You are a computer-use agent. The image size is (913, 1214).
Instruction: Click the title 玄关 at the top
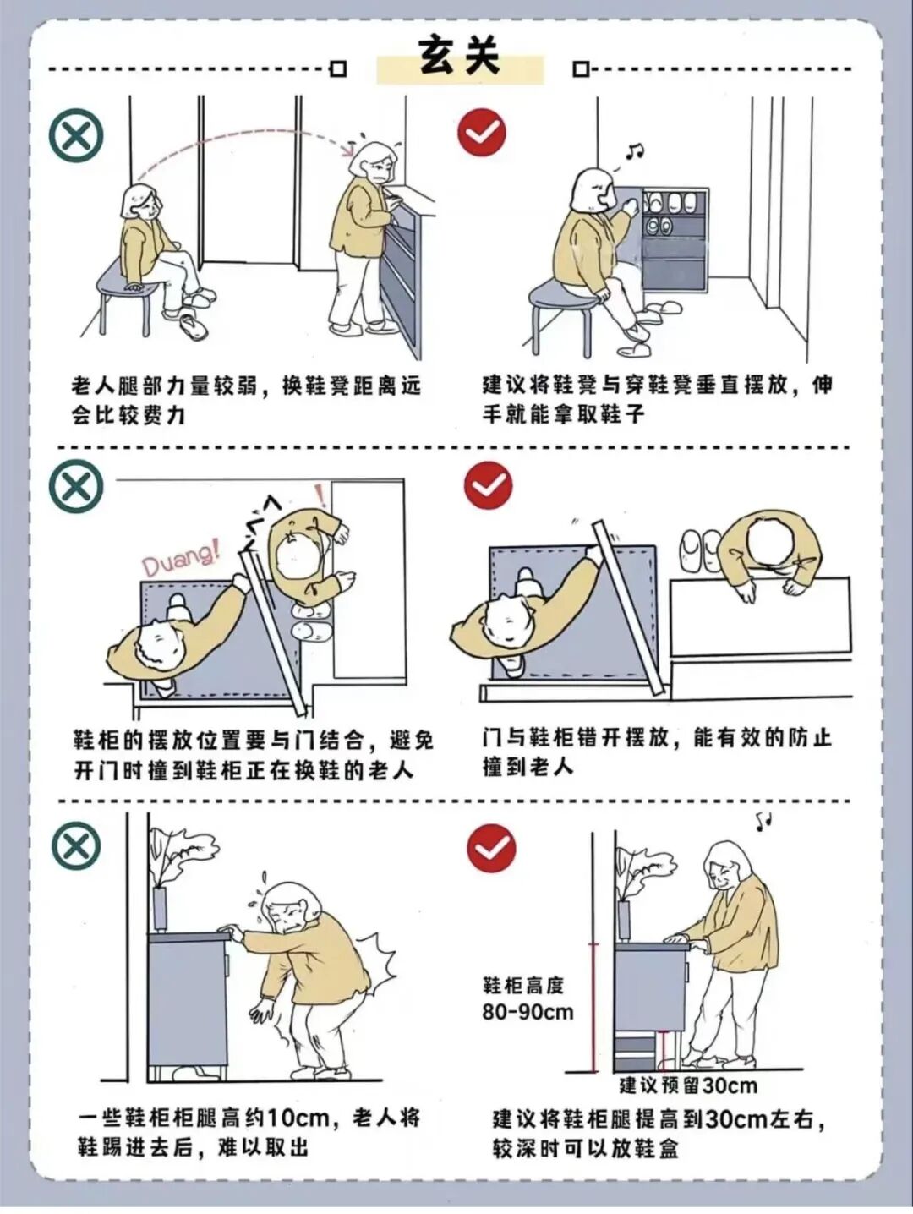(x=459, y=57)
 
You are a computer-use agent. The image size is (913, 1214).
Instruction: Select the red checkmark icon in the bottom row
(x=491, y=849)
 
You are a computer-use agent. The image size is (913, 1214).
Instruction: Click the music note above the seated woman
(x=635, y=150)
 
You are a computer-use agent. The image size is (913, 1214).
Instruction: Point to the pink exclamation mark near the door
(x=320, y=495)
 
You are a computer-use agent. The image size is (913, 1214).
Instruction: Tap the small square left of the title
(x=338, y=70)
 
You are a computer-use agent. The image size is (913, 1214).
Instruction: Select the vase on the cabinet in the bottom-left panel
(x=161, y=908)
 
